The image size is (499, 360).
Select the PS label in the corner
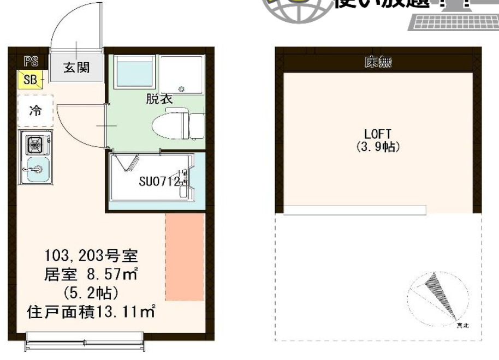coord(31,61)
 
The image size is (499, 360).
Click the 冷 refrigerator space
coord(35,111)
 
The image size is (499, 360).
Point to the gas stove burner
coord(35,145)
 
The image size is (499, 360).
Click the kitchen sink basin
coord(35,170)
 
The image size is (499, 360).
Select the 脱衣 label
coord(159,99)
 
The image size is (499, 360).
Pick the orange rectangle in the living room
coord(185,257)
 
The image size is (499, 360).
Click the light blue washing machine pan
coord(134,73)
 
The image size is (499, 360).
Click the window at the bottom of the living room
coord(88,344)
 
